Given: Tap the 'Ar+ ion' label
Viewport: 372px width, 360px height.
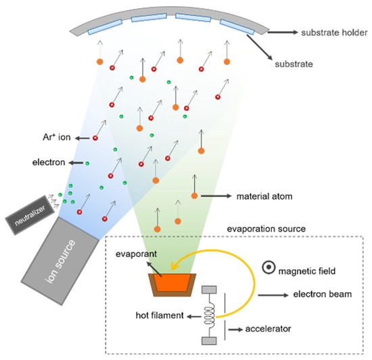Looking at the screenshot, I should click(x=54, y=137).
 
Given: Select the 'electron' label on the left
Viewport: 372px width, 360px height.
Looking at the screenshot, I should click(x=49, y=163).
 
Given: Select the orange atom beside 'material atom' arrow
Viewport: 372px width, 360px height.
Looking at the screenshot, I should click(x=195, y=196).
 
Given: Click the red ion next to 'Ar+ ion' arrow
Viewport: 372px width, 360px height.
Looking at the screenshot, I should click(x=95, y=138).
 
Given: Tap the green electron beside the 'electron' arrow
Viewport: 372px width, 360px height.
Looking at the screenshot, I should click(x=87, y=163).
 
